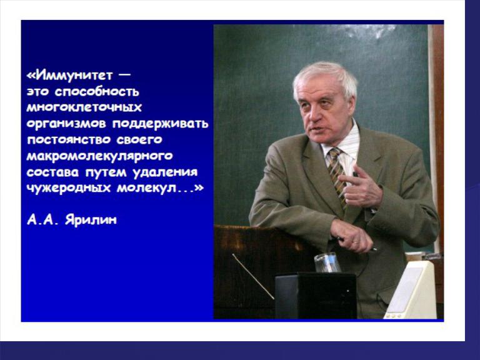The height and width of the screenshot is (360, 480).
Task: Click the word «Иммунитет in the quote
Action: [70, 75]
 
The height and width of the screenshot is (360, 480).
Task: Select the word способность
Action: [97, 92]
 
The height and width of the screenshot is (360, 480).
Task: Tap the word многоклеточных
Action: [84, 107]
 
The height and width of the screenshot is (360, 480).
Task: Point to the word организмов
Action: [66, 124]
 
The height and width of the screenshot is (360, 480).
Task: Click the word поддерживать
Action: [161, 124]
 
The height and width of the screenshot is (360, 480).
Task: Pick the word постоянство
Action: [69, 140]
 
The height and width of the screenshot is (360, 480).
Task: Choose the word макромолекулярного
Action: [100, 156]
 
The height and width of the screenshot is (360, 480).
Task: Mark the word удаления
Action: [165, 172]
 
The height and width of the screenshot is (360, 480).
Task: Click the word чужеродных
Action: [69, 188]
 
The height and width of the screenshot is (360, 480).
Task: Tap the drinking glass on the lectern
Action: [327, 263]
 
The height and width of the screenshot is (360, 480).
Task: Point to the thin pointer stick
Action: [253, 276]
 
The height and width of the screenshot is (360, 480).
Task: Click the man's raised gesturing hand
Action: [361, 187]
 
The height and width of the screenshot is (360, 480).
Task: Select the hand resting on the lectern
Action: [352, 236]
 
